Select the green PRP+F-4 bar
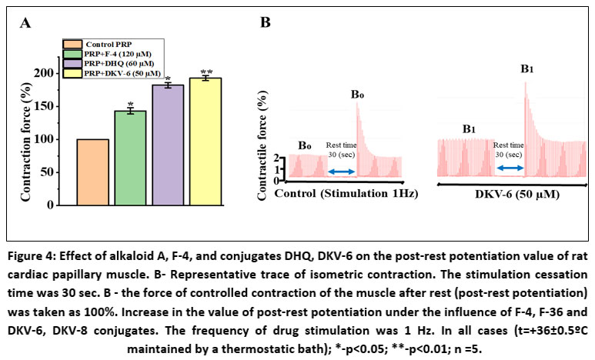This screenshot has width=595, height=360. point(130,158)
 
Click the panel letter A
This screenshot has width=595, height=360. point(25,23)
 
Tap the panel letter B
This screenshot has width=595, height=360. point(265,23)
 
